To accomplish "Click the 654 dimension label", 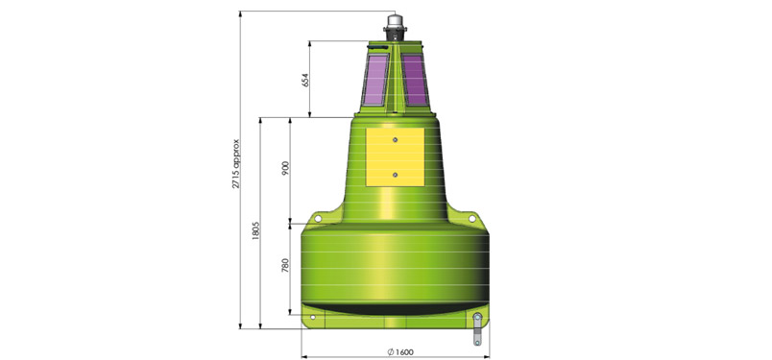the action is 304,79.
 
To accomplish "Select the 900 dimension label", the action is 286,168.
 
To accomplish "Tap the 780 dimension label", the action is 285,265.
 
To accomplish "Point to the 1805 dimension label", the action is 255,230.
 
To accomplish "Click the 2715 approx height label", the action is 236,163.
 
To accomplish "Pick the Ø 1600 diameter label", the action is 400,351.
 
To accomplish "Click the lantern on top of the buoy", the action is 395,27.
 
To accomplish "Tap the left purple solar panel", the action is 376,80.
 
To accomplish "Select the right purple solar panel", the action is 414,80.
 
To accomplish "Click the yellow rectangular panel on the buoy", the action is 395,157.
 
